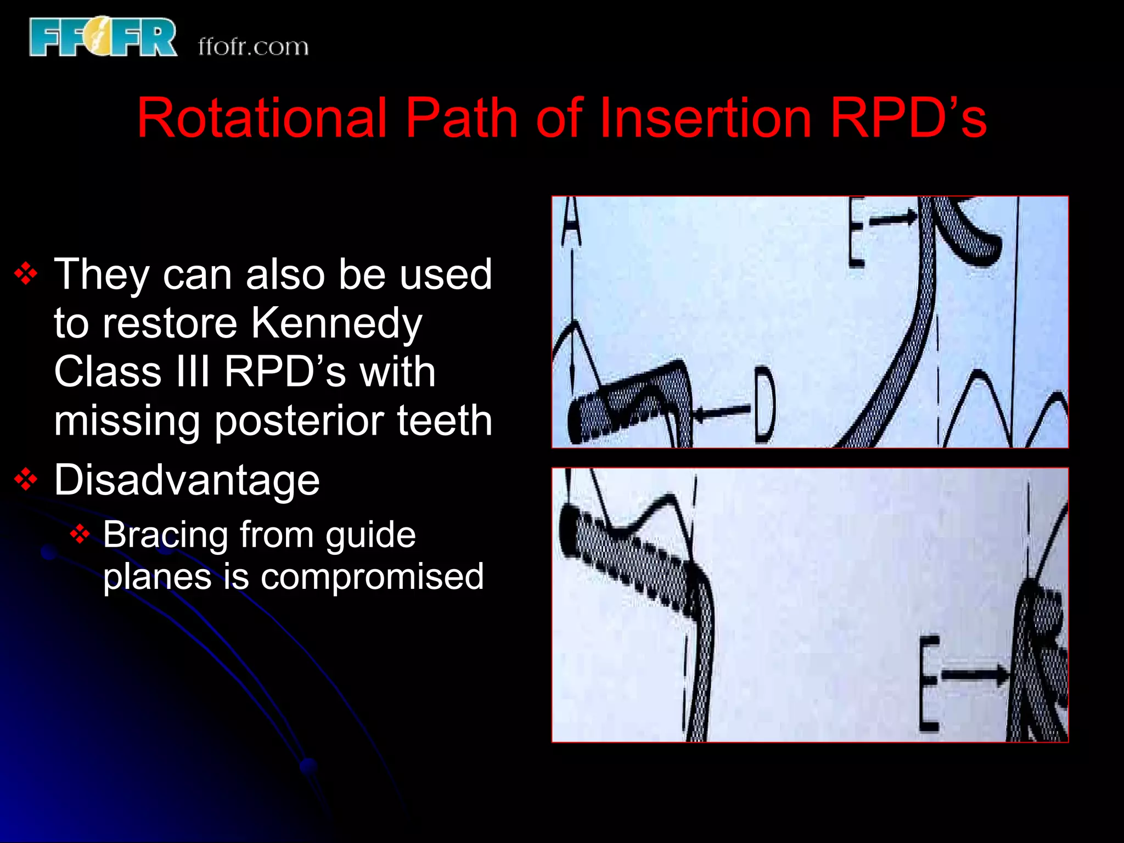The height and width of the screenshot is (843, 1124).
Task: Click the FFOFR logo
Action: [103, 37]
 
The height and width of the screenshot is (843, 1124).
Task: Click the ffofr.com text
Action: [253, 47]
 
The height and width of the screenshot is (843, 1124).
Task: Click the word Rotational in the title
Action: [262, 117]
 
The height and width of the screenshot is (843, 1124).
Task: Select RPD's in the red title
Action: [908, 117]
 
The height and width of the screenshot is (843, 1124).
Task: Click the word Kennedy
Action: [336, 324]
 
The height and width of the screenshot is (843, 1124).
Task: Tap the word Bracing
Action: [165, 535]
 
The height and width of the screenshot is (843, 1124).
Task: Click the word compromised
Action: [372, 577]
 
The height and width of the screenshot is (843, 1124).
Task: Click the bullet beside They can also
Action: [26, 274]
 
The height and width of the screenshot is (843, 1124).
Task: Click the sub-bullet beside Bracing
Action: [80, 534]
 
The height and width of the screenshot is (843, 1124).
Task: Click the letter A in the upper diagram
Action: [571, 222]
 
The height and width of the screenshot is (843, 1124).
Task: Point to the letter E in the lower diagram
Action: [929, 684]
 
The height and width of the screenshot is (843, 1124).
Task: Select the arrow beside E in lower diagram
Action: [975, 675]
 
